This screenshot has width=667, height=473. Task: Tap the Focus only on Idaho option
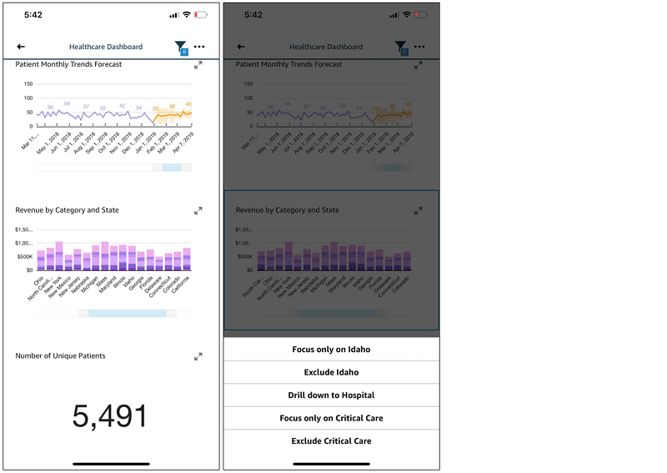331,350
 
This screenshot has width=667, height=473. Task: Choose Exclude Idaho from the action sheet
331,372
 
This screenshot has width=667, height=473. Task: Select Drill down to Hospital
331,395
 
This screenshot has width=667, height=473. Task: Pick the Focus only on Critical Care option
331,418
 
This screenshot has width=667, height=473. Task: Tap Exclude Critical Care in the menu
331,441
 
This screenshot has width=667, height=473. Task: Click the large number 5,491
110,416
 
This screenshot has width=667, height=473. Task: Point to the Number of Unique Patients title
60,356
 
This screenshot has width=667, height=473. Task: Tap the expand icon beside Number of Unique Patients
198,356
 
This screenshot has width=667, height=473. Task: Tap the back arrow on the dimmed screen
241,48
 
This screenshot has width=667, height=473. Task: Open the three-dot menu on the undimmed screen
199,47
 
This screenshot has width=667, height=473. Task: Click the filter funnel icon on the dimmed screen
400,48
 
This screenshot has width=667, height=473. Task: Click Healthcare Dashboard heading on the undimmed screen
106,48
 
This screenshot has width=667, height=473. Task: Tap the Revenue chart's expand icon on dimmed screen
419,211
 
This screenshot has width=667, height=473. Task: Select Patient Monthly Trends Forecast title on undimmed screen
68,64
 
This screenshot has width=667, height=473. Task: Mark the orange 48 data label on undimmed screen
188,104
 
